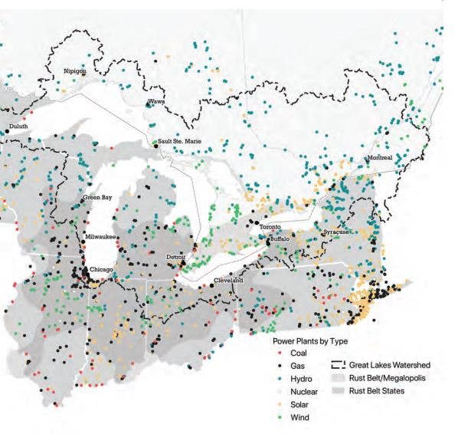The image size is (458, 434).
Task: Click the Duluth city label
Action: [18, 126]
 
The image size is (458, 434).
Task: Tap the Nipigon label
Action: [75, 71]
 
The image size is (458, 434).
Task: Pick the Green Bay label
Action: [98, 198]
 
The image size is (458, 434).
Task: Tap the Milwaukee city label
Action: [100, 237]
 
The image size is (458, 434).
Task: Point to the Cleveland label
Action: [227, 281]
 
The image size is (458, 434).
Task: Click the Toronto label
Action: [270, 228]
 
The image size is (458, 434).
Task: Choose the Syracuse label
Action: [335, 232]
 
